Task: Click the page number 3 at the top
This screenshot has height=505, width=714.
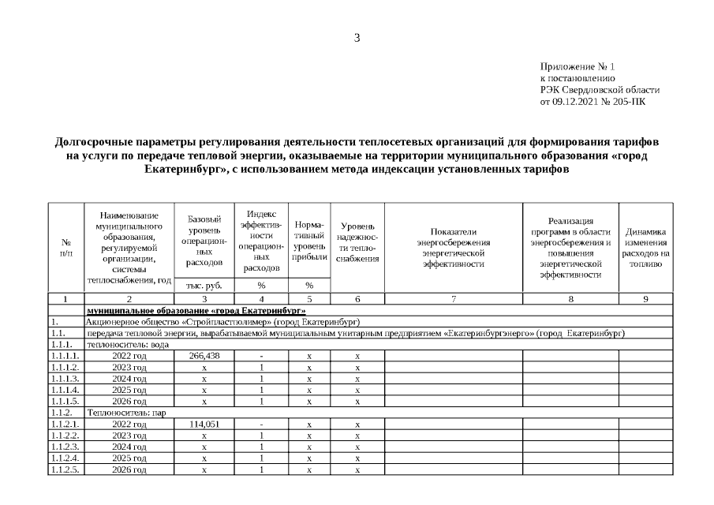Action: [x=357, y=38]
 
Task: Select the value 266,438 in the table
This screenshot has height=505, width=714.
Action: [x=204, y=356]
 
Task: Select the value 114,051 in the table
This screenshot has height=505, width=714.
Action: [x=204, y=425]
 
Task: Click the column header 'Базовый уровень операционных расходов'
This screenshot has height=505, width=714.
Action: [x=204, y=240]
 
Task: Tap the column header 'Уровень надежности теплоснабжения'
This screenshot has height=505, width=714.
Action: [x=357, y=241]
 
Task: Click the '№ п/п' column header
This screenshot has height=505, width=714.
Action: [x=65, y=248]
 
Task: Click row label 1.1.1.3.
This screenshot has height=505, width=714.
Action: [x=65, y=379]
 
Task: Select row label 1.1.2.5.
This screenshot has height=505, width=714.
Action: [x=65, y=470]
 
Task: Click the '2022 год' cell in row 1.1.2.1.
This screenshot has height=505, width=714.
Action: [x=130, y=425]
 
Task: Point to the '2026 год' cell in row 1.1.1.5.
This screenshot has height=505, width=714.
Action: [x=130, y=402]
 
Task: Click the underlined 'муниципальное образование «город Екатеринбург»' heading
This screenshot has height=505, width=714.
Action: [x=196, y=311]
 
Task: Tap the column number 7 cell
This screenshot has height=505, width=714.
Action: [x=453, y=299]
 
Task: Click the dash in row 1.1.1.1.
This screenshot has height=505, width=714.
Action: [x=261, y=356]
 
